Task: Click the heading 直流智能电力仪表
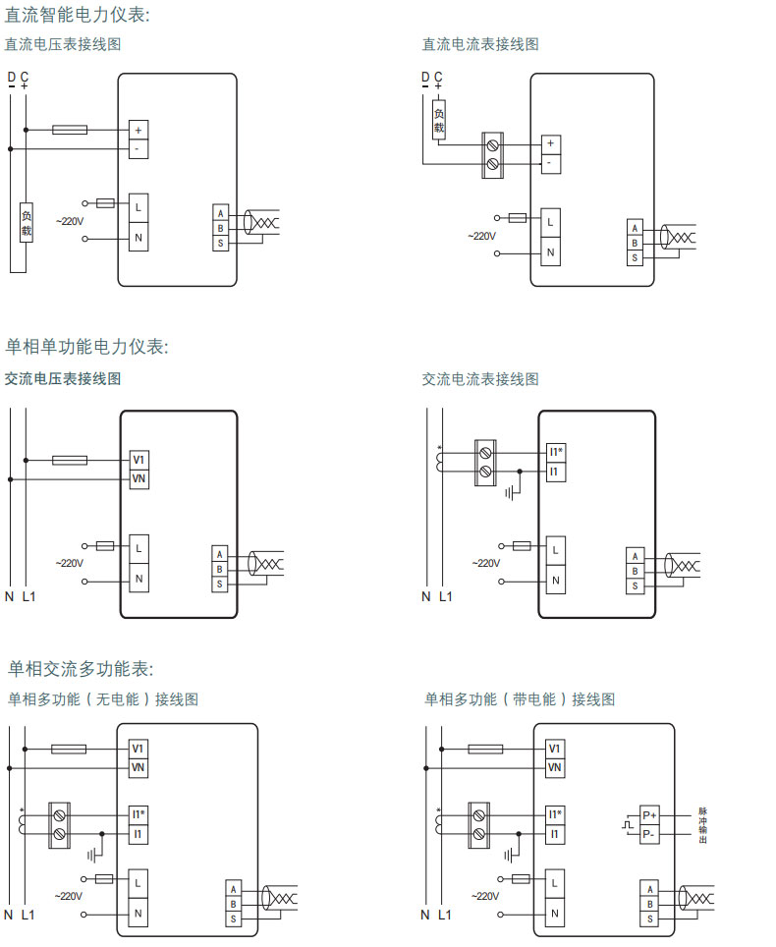[x=79, y=15]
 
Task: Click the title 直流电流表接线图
[x=480, y=44]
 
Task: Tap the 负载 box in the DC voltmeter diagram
[x=28, y=224]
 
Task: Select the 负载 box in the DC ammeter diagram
[x=439, y=119]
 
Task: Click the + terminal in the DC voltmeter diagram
[x=139, y=130]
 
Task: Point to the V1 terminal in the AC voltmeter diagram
[x=139, y=460]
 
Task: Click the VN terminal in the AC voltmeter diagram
[x=139, y=478]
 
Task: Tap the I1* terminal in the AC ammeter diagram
[x=556, y=453]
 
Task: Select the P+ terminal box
[x=649, y=815]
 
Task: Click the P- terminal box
[x=649, y=834]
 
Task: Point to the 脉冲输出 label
[x=702, y=825]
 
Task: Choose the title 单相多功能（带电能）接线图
[x=520, y=699]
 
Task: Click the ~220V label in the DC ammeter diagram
[x=481, y=236]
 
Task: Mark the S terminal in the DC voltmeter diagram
[x=221, y=243]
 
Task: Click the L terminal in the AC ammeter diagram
[x=555, y=549]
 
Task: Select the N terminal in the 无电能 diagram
[x=139, y=913]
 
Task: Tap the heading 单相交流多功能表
[x=81, y=669]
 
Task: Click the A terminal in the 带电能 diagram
[x=648, y=888]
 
